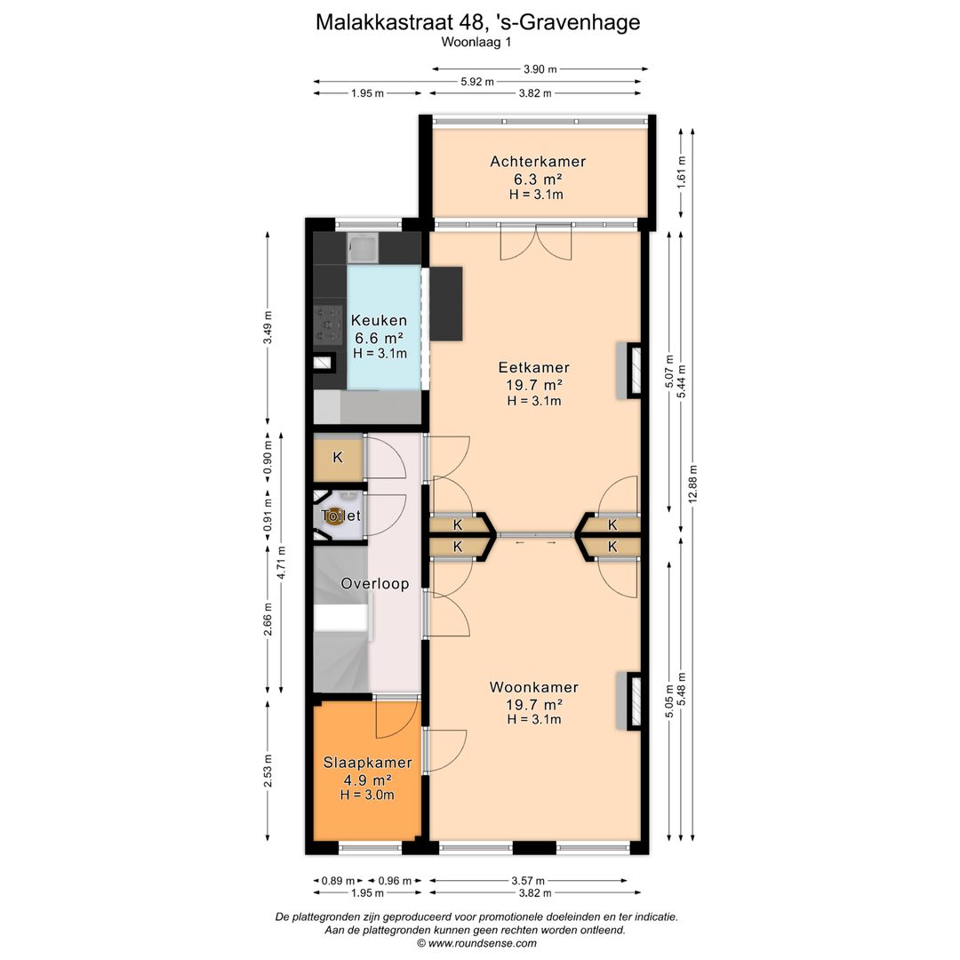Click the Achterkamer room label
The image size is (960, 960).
click(x=538, y=162)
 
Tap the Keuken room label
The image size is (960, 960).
click(x=379, y=320)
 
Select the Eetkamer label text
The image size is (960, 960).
click(x=534, y=367)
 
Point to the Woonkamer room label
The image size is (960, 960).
click(x=534, y=687)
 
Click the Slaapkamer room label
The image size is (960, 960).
click(x=367, y=763)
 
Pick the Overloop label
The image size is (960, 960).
click(x=375, y=583)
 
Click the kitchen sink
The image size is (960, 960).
click(x=363, y=248)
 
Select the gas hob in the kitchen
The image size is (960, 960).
click(x=328, y=324)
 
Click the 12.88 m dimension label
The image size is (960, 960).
click(x=692, y=484)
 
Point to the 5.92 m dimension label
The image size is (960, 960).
click(x=477, y=82)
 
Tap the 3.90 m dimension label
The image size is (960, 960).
click(x=540, y=69)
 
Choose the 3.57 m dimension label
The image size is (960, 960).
click(x=528, y=881)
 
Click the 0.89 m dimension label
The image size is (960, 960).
click(x=338, y=881)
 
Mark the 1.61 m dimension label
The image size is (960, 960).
click(x=681, y=172)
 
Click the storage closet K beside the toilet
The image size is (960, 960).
click(x=338, y=458)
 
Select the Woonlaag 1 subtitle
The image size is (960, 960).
click(x=476, y=43)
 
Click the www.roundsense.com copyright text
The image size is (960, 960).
click(x=477, y=943)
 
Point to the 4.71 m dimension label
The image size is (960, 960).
click(x=281, y=563)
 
